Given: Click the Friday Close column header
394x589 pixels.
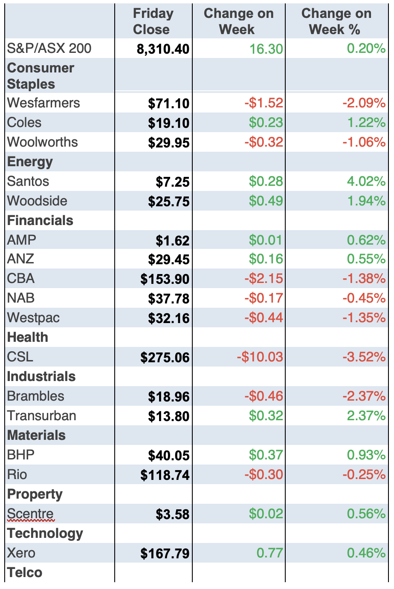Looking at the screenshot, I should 153,21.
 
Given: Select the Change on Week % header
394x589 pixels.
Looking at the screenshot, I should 336,21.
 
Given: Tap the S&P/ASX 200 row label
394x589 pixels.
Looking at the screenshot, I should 49,48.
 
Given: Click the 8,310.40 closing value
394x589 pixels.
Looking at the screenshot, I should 163,49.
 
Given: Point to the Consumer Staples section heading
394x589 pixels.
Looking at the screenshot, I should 41,76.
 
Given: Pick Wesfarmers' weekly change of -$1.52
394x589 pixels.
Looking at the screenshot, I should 264,103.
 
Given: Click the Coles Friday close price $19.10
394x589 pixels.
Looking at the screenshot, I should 168,123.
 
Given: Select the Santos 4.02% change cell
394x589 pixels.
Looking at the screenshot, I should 366,182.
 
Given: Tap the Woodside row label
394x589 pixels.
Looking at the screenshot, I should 37,201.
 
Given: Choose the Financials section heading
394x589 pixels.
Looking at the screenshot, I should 40,220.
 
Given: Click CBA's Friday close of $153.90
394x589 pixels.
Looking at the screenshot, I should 165,279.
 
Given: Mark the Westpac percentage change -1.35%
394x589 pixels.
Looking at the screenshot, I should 364,318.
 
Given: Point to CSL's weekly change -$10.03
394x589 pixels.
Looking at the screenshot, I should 260,357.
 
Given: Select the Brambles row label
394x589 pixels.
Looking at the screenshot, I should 35,396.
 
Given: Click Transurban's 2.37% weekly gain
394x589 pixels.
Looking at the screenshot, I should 366,416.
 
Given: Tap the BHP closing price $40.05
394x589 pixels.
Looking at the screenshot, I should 168,456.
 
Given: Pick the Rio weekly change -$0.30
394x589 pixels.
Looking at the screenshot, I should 264,475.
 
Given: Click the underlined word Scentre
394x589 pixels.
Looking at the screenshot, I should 30,514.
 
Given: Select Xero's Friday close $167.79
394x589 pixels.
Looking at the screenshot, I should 165,554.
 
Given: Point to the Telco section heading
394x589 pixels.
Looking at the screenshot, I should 25,572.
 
